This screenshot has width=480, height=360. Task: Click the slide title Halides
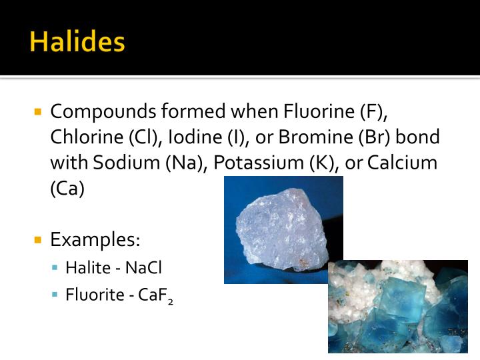click(x=77, y=41)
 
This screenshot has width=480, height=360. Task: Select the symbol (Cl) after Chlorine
click(x=143, y=137)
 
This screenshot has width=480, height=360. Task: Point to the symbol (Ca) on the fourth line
click(x=67, y=188)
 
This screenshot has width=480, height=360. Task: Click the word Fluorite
click(x=93, y=294)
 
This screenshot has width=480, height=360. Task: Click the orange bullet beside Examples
click(x=38, y=239)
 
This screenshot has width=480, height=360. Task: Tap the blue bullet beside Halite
click(x=55, y=268)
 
